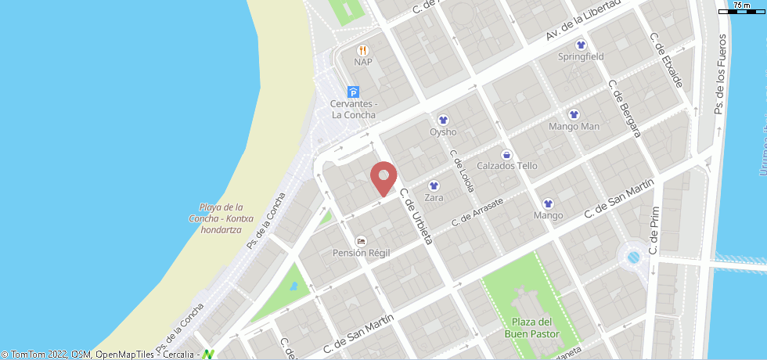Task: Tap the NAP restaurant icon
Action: (362, 50)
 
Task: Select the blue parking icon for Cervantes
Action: (353, 92)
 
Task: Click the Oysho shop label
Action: (443, 132)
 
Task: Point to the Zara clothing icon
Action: (434, 186)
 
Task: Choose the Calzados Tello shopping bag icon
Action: (506, 154)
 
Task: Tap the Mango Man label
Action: (574, 126)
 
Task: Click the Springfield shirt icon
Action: (581, 45)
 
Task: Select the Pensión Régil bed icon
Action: (361, 240)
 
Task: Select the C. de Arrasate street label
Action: (478, 213)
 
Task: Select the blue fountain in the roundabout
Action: (634, 256)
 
